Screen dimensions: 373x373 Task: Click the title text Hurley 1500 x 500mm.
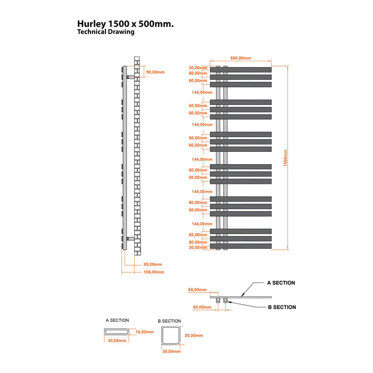[125, 24]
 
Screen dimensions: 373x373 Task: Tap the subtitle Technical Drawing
[106, 32]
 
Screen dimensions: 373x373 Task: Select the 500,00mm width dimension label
[240, 58]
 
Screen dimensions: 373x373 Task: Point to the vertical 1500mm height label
[286, 158]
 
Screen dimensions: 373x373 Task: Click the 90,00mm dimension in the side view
[156, 72]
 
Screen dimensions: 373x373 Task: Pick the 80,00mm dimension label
[153, 264]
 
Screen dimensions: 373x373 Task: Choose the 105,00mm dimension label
[154, 272]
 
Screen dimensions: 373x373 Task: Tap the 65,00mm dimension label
[198, 290]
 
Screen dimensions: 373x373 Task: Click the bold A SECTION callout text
[281, 283]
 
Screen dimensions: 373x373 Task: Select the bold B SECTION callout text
[282, 307]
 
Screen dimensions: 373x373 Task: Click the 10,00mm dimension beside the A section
[144, 332]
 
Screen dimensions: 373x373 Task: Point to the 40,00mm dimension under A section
[117, 340]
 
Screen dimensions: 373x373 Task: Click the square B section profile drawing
[171, 335]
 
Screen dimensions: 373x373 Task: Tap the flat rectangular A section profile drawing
[117, 331]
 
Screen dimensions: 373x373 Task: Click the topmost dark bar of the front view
[241, 70]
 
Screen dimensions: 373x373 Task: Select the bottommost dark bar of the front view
[241, 246]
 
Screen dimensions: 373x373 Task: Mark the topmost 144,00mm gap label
[202, 92]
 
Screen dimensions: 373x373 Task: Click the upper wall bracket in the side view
[131, 77]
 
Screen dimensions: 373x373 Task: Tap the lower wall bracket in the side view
[131, 239]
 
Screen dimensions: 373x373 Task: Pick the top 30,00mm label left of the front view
[198, 68]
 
